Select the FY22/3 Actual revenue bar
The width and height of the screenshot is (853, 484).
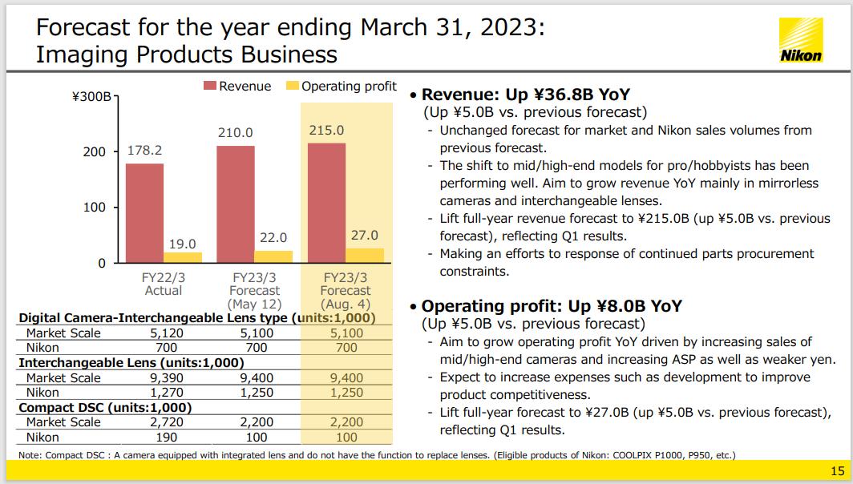(144, 212)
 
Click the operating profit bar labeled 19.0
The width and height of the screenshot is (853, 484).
(183, 257)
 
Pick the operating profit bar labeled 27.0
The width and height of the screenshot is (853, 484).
(365, 255)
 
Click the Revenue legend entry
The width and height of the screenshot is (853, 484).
(238, 86)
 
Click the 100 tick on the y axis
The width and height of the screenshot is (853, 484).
(95, 208)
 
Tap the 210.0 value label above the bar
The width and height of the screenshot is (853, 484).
(236, 132)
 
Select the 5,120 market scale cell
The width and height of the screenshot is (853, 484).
(168, 333)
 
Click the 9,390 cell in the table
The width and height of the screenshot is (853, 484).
(168, 378)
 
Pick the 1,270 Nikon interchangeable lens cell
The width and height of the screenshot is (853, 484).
(168, 393)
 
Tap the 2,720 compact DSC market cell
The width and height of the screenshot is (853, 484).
(168, 422)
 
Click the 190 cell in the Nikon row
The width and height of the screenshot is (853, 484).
(168, 438)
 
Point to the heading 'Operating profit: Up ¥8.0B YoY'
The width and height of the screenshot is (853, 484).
(552, 306)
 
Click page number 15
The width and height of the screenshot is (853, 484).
(838, 470)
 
